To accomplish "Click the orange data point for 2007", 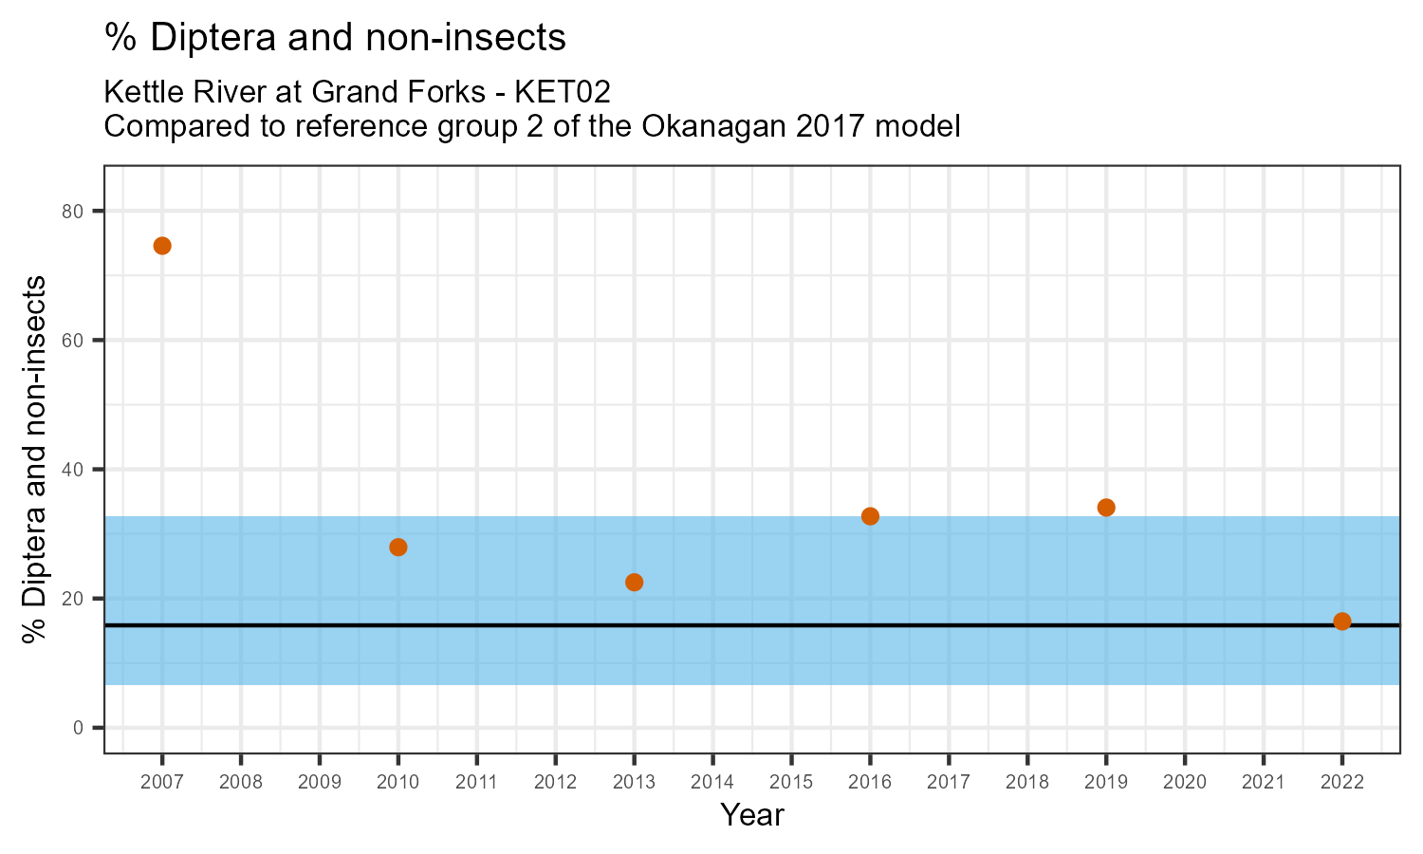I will (x=162, y=246).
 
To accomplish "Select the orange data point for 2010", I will (x=398, y=548).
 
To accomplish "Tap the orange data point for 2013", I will (x=635, y=583).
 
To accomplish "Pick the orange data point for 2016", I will (x=870, y=516).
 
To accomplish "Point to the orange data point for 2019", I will (x=1106, y=508).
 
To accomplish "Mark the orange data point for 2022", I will (x=1342, y=622).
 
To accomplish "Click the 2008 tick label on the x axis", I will (x=241, y=783).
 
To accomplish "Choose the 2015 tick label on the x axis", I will (x=791, y=783).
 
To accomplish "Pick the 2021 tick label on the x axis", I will (x=1264, y=783).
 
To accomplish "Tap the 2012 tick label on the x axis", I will (x=555, y=783).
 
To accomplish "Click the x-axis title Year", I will (x=752, y=815).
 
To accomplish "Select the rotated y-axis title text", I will (x=35, y=460).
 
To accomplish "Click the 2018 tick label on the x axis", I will (x=1027, y=783).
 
